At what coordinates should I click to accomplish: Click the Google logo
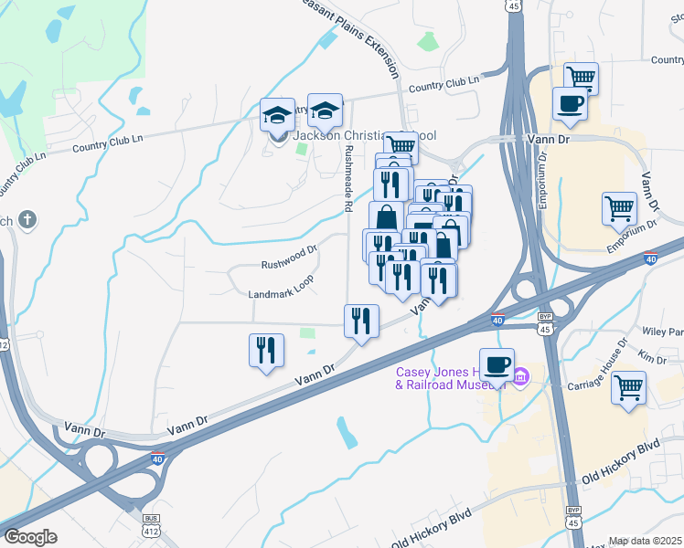(x=30, y=537)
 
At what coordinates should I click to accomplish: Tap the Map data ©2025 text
(x=646, y=541)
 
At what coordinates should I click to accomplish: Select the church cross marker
(x=28, y=219)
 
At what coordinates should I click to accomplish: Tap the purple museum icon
(x=521, y=375)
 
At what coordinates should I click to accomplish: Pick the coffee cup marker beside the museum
(x=497, y=365)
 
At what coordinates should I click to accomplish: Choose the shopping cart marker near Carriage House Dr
(x=628, y=386)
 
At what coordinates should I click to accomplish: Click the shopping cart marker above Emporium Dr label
(x=619, y=208)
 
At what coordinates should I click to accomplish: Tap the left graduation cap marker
(x=277, y=115)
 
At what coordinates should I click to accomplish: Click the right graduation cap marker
(x=324, y=111)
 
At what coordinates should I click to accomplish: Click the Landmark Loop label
(x=281, y=293)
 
